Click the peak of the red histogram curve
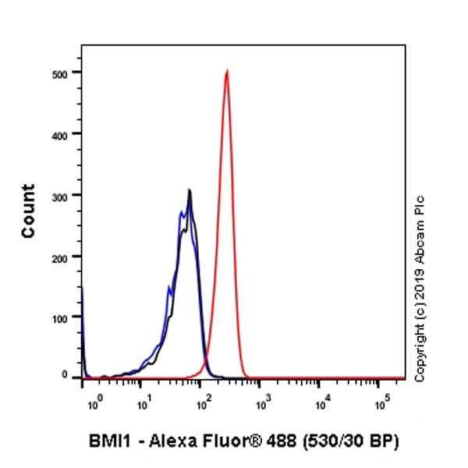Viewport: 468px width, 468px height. click(x=226, y=71)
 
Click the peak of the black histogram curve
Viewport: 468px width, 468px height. click(x=190, y=190)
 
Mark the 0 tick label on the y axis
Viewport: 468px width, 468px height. click(x=72, y=375)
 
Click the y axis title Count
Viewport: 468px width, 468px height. click(x=28, y=211)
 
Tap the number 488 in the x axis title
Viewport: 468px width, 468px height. click(x=285, y=441)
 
